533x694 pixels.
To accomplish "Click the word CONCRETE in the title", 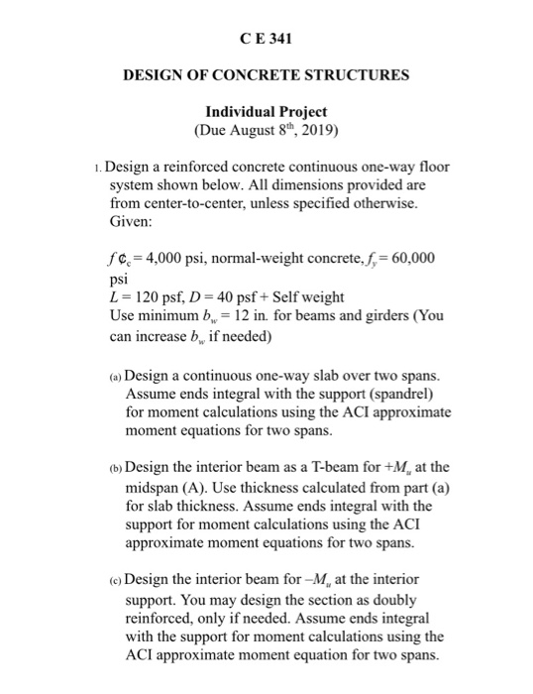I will [262, 76].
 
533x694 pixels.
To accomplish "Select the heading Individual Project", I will [265, 111].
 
